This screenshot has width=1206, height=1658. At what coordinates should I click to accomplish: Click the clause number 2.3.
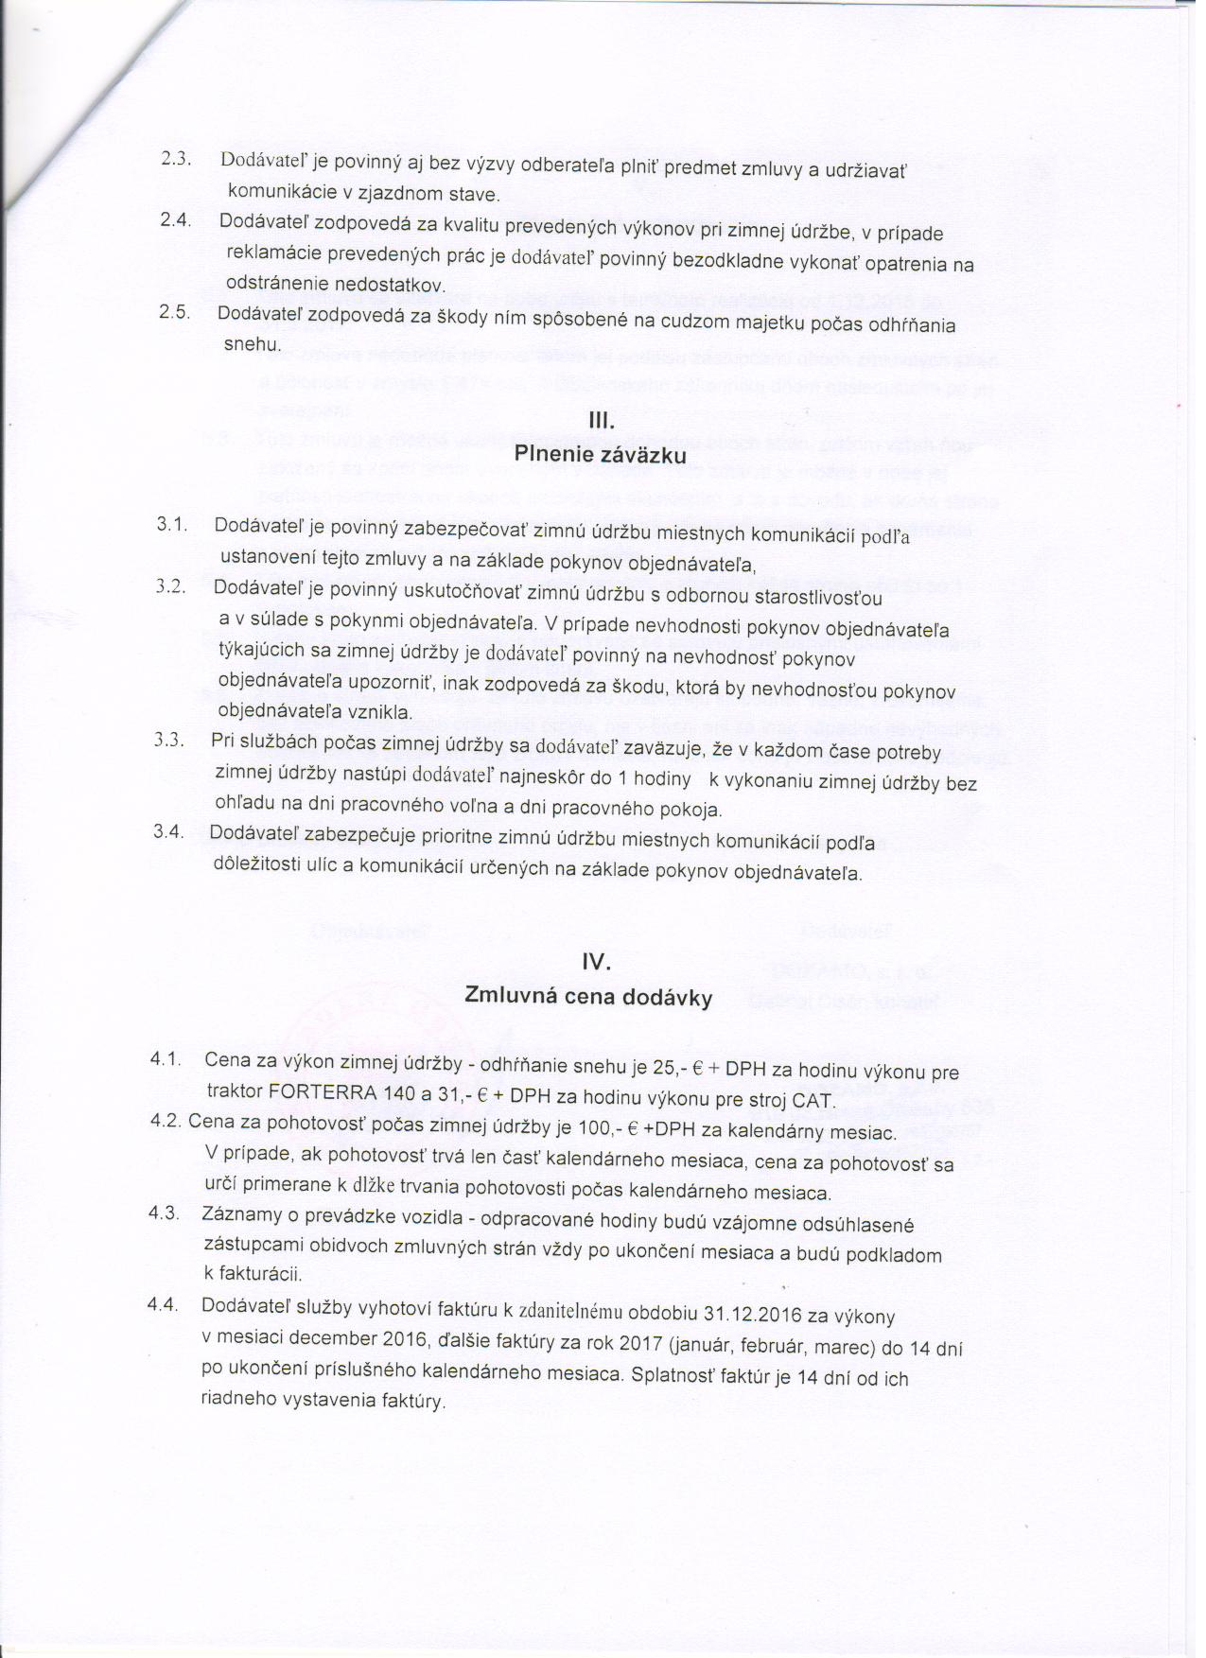178,160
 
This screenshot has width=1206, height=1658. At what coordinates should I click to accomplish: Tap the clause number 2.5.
175,315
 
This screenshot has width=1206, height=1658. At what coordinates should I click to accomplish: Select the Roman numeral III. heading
602,420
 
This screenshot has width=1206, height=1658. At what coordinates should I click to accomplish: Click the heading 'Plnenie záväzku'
601,454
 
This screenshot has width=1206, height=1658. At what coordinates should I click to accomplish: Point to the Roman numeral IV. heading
597,963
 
